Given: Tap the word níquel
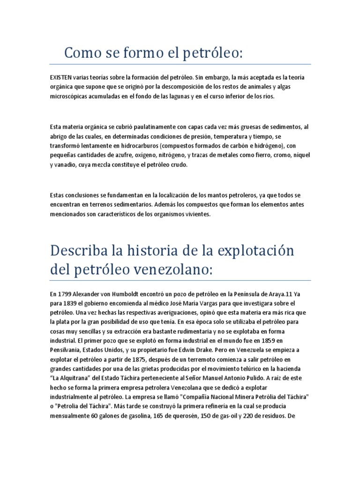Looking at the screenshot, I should click(x=300, y=155).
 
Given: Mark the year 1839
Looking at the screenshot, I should click(x=68, y=304).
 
